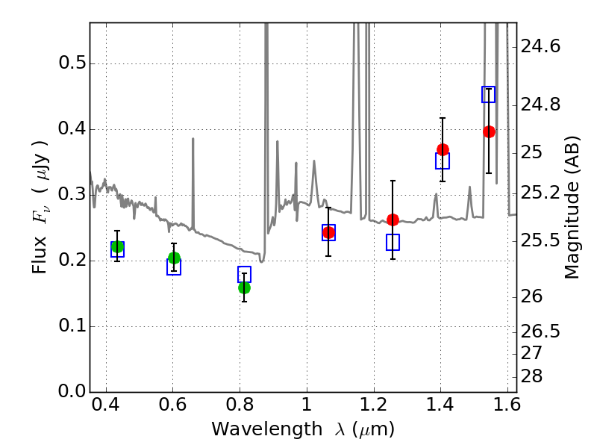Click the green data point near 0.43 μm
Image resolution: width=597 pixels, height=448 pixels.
pyautogui.click(x=117, y=247)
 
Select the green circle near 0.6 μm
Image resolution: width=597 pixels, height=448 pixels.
pyautogui.click(x=174, y=258)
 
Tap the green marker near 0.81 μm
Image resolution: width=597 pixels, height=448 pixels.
pyautogui.click(x=244, y=287)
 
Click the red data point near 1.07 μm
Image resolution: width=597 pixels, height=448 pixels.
pyautogui.click(x=328, y=233)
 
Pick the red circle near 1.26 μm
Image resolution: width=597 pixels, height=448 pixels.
pyautogui.click(x=393, y=220)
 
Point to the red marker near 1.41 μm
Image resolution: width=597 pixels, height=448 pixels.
pyautogui.click(x=443, y=149)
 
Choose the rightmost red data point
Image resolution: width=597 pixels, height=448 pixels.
pyautogui.click(x=489, y=131)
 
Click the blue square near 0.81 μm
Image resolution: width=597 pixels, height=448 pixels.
pyautogui.click(x=244, y=274)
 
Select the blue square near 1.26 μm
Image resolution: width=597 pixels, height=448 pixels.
pyautogui.click(x=393, y=242)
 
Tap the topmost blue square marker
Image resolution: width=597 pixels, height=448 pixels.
pyautogui.click(x=489, y=95)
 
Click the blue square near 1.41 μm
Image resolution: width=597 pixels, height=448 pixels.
pyautogui.click(x=443, y=161)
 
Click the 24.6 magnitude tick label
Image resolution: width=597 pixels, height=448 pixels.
pyautogui.click(x=540, y=47)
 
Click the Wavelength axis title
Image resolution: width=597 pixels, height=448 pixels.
pyautogui.click(x=302, y=430)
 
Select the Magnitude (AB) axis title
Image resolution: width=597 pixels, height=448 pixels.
pyautogui.click(x=572, y=209)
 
